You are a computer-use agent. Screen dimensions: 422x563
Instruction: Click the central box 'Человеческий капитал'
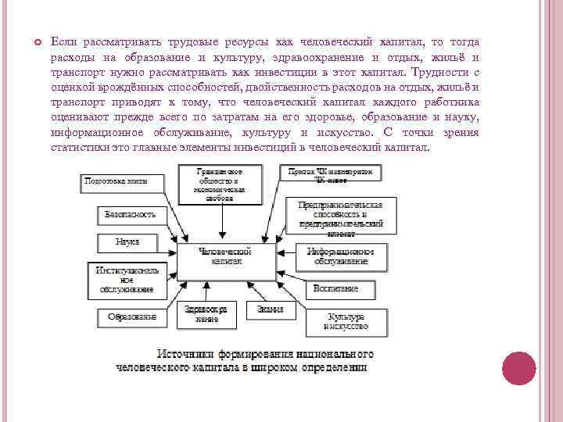click(x=225, y=258)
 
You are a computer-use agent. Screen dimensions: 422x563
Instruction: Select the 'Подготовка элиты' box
click(x=125, y=183)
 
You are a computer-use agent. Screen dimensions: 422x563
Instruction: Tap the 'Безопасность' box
click(x=131, y=213)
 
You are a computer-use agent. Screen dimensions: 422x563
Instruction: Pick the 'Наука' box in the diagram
click(x=127, y=241)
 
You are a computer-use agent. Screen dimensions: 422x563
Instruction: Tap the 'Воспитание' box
click(x=336, y=288)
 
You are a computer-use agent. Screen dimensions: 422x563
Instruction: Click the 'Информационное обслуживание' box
click(x=340, y=256)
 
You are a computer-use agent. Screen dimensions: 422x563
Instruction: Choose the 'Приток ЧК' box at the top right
click(x=332, y=174)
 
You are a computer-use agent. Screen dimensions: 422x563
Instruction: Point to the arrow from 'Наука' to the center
click(x=166, y=245)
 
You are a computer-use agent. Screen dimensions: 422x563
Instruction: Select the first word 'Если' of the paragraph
click(x=62, y=41)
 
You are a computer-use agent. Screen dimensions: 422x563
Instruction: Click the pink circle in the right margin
click(x=518, y=368)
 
